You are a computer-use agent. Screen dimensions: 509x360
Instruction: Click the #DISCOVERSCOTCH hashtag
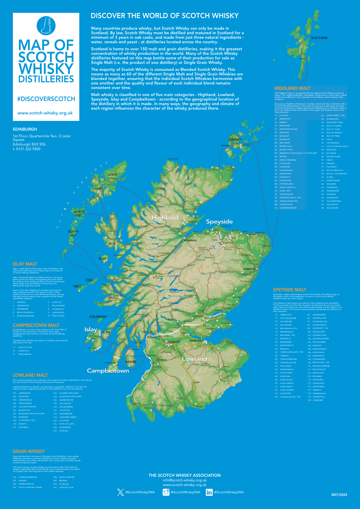point(46,99)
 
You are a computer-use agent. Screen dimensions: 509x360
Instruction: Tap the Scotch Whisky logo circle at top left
point(46,25)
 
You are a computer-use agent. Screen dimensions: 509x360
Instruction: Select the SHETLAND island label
point(319,38)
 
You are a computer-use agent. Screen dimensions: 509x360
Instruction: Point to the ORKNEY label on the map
point(235,140)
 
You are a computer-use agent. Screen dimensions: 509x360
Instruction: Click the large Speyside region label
point(219,222)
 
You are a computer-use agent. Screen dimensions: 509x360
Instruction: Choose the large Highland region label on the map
point(165,218)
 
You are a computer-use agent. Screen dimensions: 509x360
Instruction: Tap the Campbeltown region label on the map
point(108,371)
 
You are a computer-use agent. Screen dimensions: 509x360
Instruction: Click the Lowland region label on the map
point(194,359)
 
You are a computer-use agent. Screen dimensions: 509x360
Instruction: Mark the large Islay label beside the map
point(91,329)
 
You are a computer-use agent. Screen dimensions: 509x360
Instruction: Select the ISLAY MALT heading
point(25,264)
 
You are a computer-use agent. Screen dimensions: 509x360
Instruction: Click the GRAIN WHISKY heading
point(29,451)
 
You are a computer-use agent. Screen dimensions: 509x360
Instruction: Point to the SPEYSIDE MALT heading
point(289,290)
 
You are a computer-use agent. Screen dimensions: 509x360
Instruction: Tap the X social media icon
point(121,492)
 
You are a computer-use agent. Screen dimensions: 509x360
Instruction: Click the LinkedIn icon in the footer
point(209,492)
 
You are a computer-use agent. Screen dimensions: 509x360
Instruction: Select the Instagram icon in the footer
point(166,492)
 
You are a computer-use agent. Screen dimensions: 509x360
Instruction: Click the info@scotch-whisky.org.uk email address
point(184,480)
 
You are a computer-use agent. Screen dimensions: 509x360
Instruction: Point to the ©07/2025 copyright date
point(339,495)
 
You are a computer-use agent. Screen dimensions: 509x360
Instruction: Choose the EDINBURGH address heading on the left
point(25,129)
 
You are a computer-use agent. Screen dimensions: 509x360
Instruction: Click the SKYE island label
point(112,244)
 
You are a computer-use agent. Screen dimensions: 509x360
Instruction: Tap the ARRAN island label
point(131,362)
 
